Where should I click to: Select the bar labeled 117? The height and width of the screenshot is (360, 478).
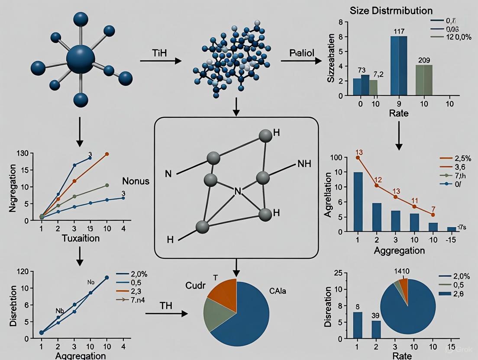399,65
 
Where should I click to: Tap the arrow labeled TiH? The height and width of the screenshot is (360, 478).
161,61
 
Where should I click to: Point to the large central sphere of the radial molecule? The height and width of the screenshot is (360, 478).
81,59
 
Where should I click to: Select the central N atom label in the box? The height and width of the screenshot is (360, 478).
237,190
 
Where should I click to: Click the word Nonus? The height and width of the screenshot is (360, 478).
136,181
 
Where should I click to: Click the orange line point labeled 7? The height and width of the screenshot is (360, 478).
433,214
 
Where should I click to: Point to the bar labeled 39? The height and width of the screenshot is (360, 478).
376,329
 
